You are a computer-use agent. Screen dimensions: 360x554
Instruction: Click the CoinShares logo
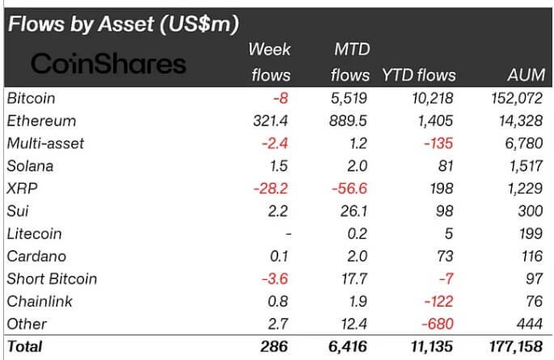click(x=108, y=64)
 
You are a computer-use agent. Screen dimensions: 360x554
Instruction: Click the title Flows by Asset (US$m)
click(x=123, y=24)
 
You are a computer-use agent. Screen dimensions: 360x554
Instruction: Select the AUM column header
click(x=523, y=75)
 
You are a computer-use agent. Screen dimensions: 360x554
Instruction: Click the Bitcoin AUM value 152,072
click(x=515, y=98)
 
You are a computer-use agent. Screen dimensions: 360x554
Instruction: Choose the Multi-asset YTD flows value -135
click(x=440, y=143)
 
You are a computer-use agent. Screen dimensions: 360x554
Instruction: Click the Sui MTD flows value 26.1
click(x=356, y=211)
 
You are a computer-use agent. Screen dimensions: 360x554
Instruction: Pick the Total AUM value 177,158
click(x=514, y=348)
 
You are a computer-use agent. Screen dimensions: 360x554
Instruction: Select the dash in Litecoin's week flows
click(x=287, y=234)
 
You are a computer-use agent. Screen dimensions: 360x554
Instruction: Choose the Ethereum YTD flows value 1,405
click(x=436, y=121)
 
